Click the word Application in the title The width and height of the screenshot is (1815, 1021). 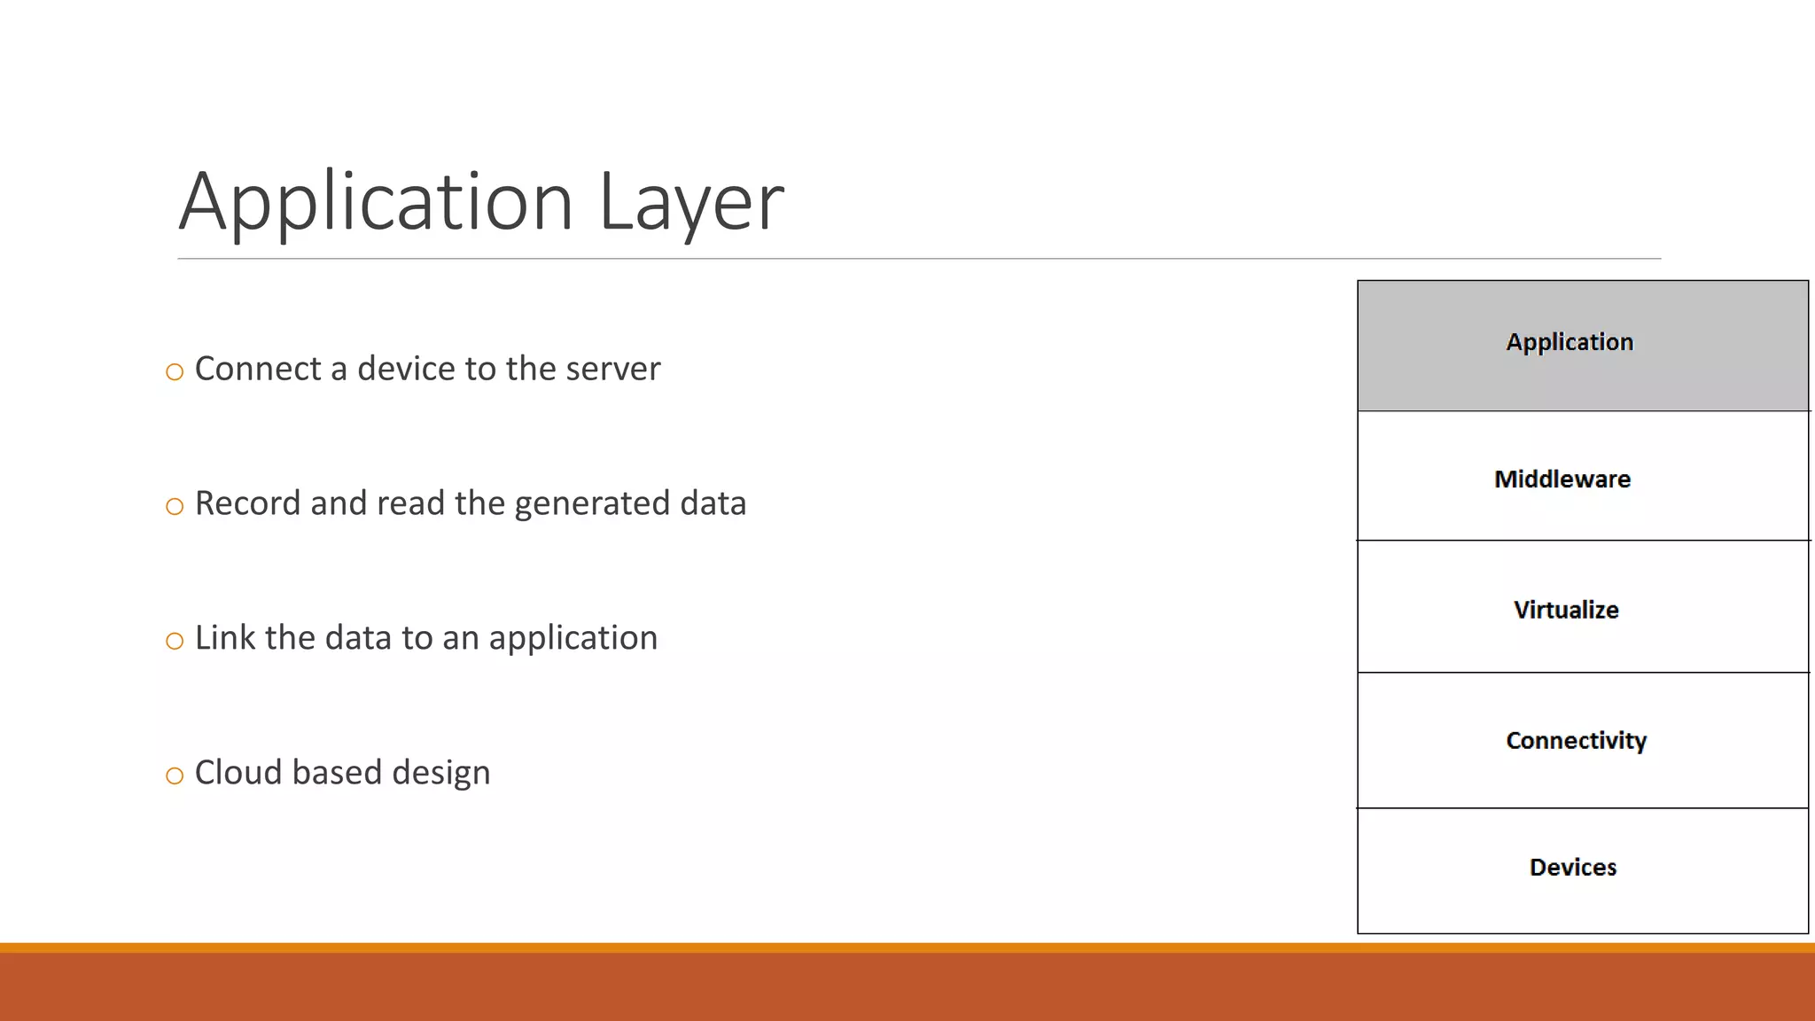click(x=376, y=202)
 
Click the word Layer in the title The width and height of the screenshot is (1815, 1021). click(x=691, y=202)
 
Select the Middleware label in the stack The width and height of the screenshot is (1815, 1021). click(x=1562, y=479)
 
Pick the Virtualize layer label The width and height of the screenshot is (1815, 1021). click(x=1566, y=610)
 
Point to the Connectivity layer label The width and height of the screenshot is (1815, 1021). click(x=1576, y=740)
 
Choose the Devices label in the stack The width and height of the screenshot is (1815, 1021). click(x=1573, y=867)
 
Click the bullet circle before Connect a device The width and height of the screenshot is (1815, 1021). click(x=175, y=371)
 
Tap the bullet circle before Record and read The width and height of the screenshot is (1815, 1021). click(x=175, y=506)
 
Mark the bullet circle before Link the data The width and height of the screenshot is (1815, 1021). click(x=175, y=641)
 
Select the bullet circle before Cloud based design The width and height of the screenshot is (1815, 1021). click(x=175, y=775)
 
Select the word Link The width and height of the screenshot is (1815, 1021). click(x=225, y=638)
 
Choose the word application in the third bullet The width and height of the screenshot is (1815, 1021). click(x=573, y=639)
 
